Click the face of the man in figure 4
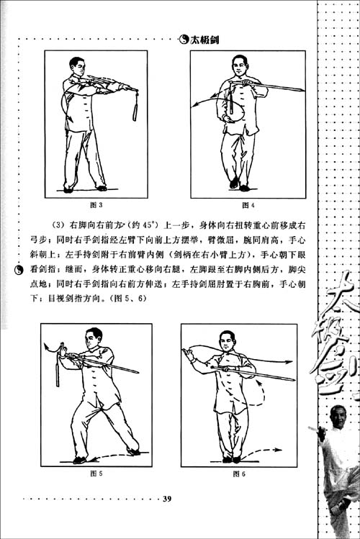click(x=241, y=68)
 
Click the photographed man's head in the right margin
click(x=338, y=417)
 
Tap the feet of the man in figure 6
click(x=232, y=458)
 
